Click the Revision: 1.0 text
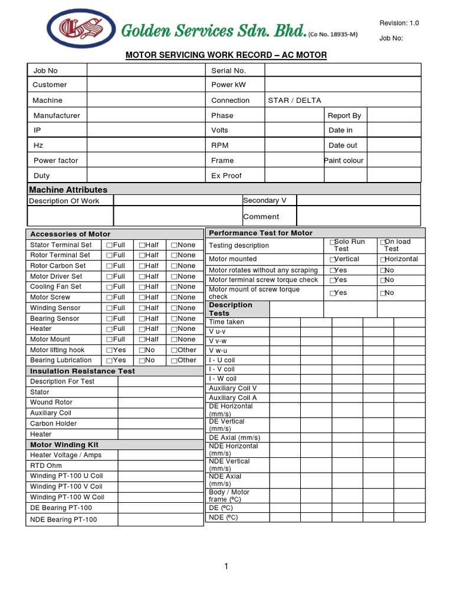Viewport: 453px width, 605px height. [399, 23]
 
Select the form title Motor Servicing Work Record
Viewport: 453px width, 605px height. [226, 55]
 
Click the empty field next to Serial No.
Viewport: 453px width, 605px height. [342, 70]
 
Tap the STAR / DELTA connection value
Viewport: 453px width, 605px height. [294, 100]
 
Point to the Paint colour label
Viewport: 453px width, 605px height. [344, 160]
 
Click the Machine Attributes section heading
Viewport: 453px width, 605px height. [68, 190]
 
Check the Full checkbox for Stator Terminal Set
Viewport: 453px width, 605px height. [109, 245]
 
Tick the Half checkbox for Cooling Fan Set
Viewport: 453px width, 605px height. [142, 287]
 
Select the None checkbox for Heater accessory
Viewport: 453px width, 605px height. [174, 328]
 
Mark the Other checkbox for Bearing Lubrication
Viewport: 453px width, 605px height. [174, 360]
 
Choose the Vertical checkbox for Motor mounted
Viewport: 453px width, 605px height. [333, 259]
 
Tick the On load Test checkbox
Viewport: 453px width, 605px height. [383, 242]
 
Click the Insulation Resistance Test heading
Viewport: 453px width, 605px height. [83, 371]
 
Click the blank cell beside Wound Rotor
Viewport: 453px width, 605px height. [160, 402]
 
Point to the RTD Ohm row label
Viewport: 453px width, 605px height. [46, 466]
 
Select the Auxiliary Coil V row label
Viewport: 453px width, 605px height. [233, 388]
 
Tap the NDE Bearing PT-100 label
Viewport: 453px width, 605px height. [64, 519]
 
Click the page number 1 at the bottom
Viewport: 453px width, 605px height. [226, 567]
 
